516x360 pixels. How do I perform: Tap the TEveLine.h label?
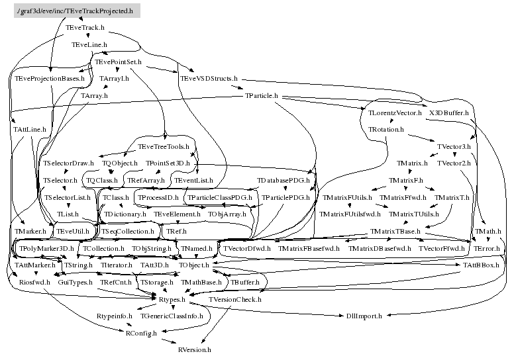click(x=89, y=44)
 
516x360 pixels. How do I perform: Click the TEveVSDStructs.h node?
click(x=209, y=79)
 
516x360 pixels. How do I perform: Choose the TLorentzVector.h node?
click(x=395, y=113)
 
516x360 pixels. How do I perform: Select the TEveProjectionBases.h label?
click(x=50, y=79)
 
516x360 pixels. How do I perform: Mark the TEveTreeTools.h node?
click(x=163, y=146)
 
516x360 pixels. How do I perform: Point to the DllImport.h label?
click(x=364, y=316)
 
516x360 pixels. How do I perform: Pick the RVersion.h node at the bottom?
click(x=194, y=349)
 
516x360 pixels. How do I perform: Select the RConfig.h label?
click(x=141, y=333)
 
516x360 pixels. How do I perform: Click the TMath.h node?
click(x=488, y=231)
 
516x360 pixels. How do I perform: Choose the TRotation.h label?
click(x=386, y=130)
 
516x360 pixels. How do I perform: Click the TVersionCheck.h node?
click(x=235, y=300)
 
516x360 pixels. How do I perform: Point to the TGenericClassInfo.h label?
click(x=171, y=316)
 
